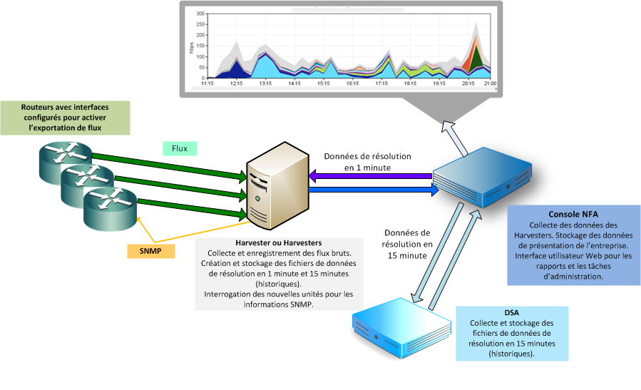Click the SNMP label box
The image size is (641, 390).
coord(150,251)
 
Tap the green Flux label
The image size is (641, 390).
coord(180,148)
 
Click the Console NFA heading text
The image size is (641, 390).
coord(573,215)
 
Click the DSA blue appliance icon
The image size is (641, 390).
coord(401,325)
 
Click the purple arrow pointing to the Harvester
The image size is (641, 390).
coord(371,175)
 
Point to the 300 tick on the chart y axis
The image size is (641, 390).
coord(200,14)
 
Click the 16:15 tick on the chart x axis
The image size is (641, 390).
coord(352,83)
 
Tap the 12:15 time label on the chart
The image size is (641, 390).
coord(237,83)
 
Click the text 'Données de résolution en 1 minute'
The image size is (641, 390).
coord(367,162)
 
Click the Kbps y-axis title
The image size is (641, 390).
coord(192,47)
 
